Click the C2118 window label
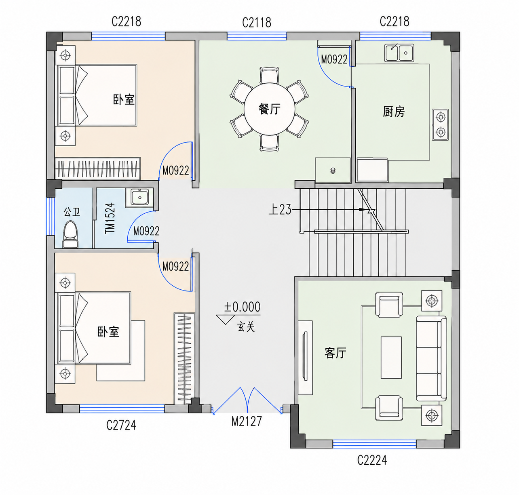pos(257,23)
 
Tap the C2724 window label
pos(121,425)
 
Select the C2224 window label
pos(372,460)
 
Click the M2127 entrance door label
pos(247,421)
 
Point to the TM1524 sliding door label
pos(110,218)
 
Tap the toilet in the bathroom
pos(70,235)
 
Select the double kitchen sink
pos(399,53)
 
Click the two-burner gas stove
pos(440,124)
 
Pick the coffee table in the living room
pos(391,358)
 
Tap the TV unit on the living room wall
pos(306,358)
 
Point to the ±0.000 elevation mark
pos(243,307)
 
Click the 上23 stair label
pos(280,210)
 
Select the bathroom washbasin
pos(139,198)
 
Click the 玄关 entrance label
pos(246,327)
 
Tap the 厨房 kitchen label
pos(394,112)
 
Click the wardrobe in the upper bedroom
pos(98,169)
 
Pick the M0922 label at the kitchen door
pos(334,59)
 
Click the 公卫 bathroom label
pos(72,212)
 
